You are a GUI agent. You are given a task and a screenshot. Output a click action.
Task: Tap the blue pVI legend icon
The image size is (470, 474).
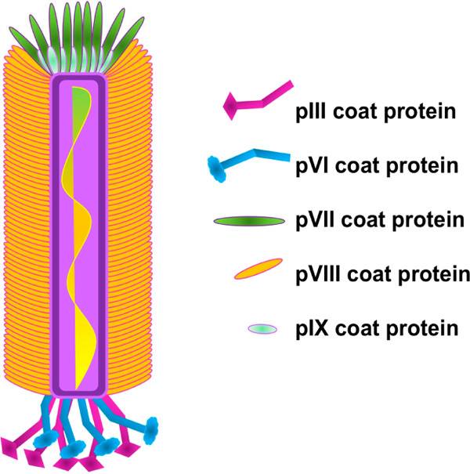point(246,160)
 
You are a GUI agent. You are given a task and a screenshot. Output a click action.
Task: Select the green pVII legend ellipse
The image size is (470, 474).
point(248,223)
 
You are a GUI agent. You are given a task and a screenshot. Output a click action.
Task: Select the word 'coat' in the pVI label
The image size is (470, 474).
point(357,166)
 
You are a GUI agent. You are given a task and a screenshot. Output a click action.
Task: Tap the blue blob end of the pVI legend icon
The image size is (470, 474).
point(217,165)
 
